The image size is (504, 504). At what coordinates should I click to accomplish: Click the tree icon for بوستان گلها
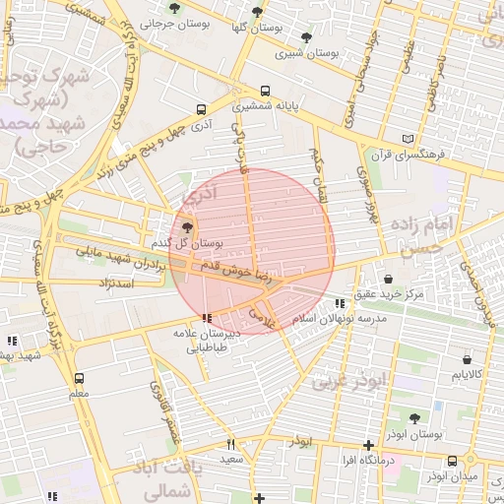[x=257, y=12]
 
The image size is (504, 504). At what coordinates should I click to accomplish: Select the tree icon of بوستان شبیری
[x=307, y=38]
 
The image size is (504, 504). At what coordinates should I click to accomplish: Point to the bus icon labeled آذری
[x=202, y=110]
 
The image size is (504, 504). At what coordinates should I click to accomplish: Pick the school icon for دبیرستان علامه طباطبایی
[x=206, y=318]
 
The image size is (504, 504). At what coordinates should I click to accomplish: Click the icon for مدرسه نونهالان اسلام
[x=340, y=304]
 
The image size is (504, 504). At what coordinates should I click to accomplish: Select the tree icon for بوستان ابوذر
[x=413, y=418]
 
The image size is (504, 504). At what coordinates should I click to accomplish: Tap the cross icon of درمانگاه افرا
[x=368, y=445]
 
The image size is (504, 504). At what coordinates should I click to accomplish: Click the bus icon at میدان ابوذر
[x=452, y=461]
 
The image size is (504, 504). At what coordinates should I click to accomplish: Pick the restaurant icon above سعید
[x=231, y=444]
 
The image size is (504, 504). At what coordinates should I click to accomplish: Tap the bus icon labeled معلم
[x=79, y=378]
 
